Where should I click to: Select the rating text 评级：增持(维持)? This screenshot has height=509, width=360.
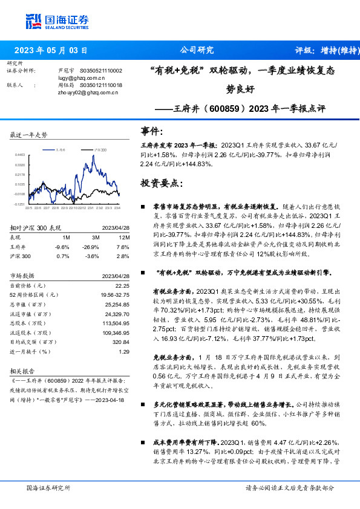(x=321, y=51)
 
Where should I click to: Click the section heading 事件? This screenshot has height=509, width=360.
(x=152, y=131)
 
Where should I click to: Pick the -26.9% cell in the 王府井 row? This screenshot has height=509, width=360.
(x=91, y=247)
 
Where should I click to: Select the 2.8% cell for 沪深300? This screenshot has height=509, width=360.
(x=123, y=256)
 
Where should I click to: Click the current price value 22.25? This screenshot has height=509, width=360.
(x=123, y=285)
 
